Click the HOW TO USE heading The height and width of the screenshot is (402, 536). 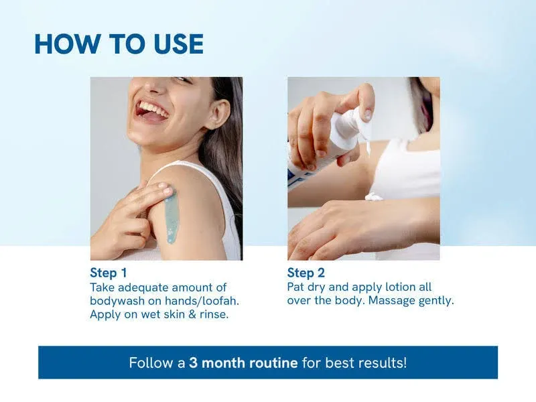[119, 44]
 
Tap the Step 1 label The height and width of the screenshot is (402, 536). [109, 273]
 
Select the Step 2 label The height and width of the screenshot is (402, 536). [306, 273]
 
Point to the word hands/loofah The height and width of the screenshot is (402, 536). [202, 301]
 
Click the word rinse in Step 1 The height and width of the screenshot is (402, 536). [214, 314]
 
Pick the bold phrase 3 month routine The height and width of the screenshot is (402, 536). [243, 362]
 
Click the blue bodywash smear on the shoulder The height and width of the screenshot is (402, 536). [172, 215]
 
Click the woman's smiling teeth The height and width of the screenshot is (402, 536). [151, 109]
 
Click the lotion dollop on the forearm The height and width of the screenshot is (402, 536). [374, 196]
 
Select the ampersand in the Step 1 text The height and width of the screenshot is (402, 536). [192, 314]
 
